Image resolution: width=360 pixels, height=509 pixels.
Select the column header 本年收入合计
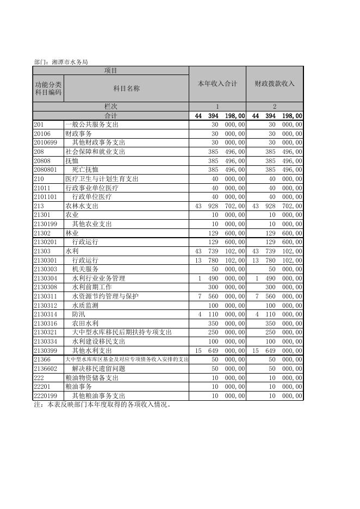click(218, 84)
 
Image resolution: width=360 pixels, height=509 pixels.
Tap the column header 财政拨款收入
click(275, 84)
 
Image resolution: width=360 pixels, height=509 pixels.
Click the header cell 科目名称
click(126, 88)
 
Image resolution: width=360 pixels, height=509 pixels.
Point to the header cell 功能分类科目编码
click(48, 88)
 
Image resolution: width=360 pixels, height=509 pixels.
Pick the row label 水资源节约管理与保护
click(105, 296)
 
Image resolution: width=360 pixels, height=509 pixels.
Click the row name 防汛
click(79, 314)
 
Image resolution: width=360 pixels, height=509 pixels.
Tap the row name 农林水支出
click(82, 206)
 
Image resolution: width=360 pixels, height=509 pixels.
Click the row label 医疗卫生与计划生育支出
click(102, 179)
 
